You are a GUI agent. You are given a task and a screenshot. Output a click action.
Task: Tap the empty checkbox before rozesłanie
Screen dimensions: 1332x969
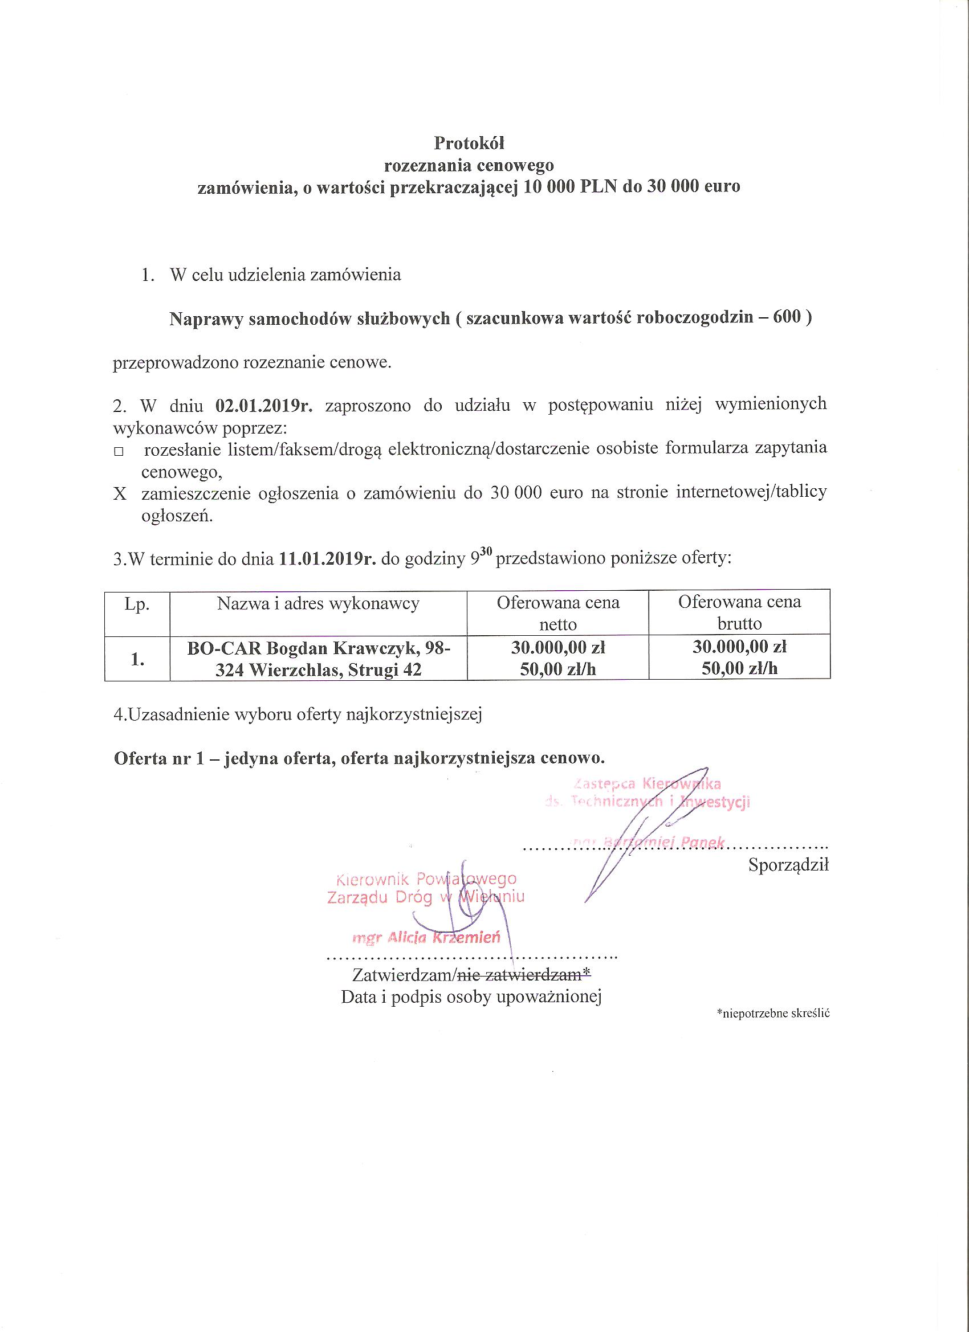pyautogui.click(x=119, y=452)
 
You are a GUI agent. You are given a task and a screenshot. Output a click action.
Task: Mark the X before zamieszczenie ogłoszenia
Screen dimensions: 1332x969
pyautogui.click(x=120, y=494)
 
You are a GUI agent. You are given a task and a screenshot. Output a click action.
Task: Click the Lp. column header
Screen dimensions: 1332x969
pyautogui.click(x=136, y=604)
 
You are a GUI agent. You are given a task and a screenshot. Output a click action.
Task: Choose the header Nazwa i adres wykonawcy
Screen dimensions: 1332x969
pyautogui.click(x=318, y=604)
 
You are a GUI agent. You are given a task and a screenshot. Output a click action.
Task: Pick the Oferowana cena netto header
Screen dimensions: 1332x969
pyautogui.click(x=557, y=612)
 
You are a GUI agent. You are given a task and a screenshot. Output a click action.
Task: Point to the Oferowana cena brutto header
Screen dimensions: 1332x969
pyautogui.click(x=739, y=612)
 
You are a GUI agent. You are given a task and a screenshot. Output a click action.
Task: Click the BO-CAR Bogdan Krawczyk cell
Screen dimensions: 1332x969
pyautogui.click(x=318, y=659)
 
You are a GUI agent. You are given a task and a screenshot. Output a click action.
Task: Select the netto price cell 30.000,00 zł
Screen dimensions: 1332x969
pyautogui.click(x=557, y=648)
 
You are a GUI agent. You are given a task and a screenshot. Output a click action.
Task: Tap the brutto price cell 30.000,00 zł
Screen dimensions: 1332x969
pyautogui.click(x=739, y=648)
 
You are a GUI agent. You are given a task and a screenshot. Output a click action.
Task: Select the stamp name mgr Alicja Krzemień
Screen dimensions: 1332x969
pyautogui.click(x=426, y=938)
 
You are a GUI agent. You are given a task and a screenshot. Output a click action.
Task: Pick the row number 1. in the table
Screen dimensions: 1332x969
pyautogui.click(x=137, y=659)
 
